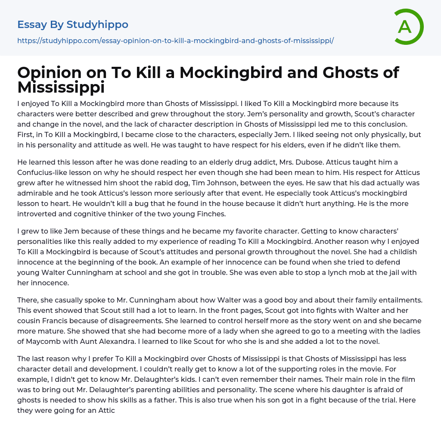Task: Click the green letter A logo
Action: tap(408, 27)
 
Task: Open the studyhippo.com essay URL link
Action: tap(175, 41)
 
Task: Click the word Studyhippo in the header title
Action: tap(97, 25)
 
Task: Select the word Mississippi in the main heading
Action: tap(61, 87)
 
